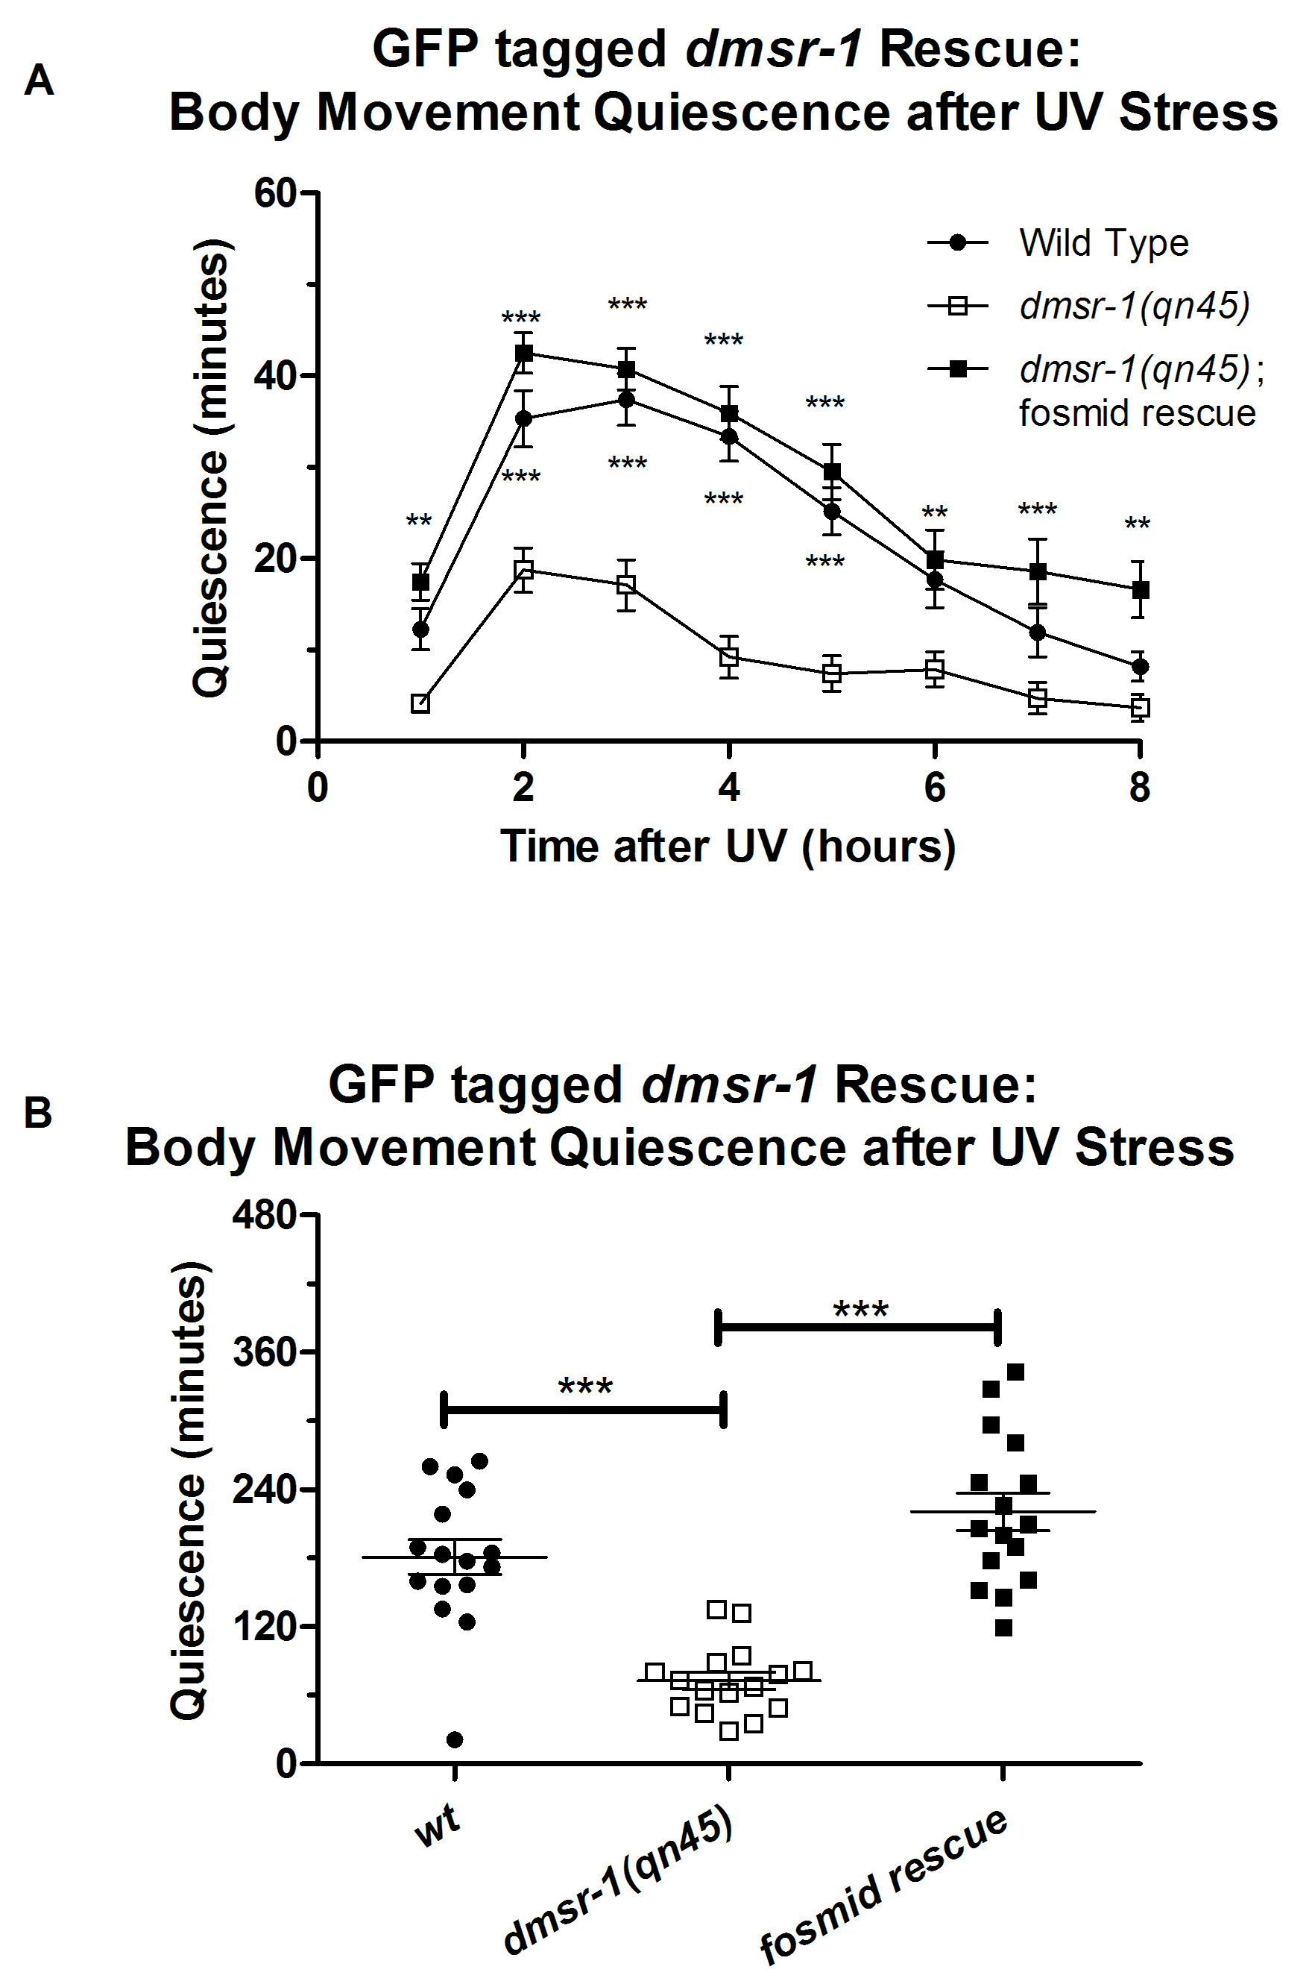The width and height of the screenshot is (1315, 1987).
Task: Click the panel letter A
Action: click(x=39, y=81)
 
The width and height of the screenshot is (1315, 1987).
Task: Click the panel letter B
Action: click(x=39, y=1114)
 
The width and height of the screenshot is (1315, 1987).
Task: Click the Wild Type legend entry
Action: click(x=1103, y=243)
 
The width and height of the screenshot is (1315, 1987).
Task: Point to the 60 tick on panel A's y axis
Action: click(x=276, y=194)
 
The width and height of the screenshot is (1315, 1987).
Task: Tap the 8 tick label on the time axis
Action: click(x=1139, y=788)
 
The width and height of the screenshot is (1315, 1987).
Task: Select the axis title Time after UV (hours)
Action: click(x=728, y=846)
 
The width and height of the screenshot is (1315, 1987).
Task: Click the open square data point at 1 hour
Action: click(x=421, y=703)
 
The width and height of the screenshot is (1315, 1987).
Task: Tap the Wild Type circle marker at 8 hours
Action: click(x=1139, y=667)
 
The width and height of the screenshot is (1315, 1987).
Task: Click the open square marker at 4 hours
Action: click(x=730, y=657)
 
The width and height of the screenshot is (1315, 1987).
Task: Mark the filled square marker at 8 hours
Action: click(x=1139, y=590)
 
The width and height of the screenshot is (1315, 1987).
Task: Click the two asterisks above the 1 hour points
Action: click(x=419, y=522)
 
